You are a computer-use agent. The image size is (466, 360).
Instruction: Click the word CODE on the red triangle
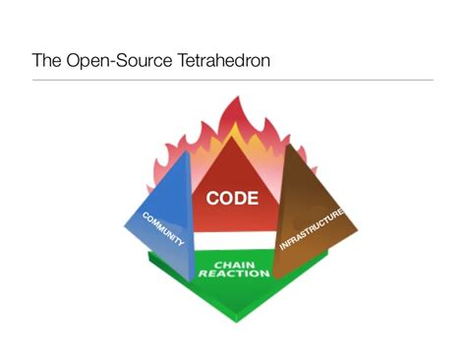tap(233, 198)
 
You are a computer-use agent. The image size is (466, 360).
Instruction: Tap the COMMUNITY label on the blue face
tap(163, 229)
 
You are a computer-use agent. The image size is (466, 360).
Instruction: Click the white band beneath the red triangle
tap(234, 241)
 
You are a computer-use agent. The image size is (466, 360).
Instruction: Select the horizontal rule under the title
tap(233, 80)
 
